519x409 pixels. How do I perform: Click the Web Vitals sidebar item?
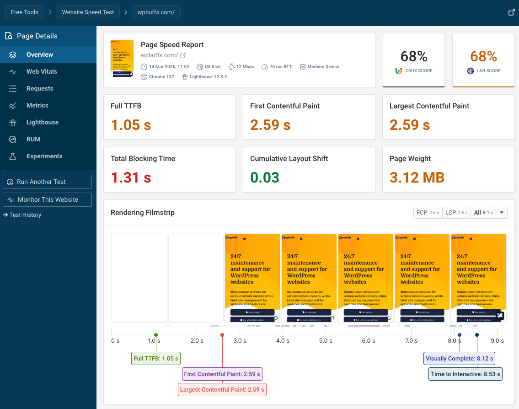(x=42, y=71)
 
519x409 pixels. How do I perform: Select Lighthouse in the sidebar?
(x=42, y=122)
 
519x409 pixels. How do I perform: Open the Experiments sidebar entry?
(x=44, y=156)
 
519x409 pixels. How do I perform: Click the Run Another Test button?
(x=47, y=182)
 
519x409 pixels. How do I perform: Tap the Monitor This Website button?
(x=47, y=199)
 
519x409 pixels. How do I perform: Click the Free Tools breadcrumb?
(x=25, y=12)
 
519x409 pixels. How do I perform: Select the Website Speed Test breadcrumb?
(x=88, y=12)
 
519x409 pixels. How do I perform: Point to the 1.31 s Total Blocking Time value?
(x=131, y=177)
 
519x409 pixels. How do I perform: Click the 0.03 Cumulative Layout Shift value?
(x=265, y=177)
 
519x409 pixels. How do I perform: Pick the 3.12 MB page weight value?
(x=417, y=177)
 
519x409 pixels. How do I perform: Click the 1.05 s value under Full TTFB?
(x=131, y=124)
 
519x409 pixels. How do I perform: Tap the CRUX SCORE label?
(x=418, y=71)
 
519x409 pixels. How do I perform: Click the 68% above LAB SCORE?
(x=483, y=56)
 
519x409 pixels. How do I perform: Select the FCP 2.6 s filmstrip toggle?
(x=427, y=213)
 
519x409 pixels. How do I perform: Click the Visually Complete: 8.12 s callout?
(x=459, y=358)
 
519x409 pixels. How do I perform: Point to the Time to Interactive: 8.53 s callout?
(x=465, y=374)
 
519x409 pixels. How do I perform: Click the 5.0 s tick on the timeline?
(x=325, y=340)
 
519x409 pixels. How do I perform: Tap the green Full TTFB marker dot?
(x=155, y=335)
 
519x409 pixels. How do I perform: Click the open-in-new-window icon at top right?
(x=512, y=12)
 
